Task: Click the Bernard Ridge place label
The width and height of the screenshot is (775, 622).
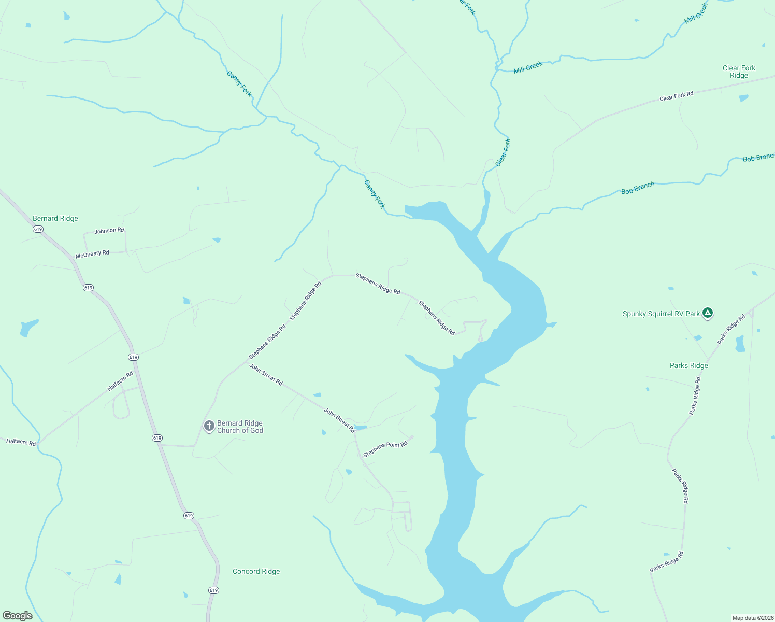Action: (55, 218)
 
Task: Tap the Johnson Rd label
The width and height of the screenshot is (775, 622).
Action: (109, 231)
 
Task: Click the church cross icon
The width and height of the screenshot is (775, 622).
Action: (209, 426)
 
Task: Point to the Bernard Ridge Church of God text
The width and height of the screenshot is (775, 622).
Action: (240, 427)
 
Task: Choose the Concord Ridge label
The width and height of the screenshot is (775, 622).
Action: (256, 571)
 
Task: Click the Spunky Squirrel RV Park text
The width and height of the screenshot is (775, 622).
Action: (661, 314)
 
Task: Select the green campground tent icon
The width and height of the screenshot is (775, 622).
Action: (708, 313)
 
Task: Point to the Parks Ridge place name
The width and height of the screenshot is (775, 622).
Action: (688, 365)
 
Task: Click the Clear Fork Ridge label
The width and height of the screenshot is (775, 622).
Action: (739, 72)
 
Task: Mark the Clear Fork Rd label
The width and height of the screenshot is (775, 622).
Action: (676, 96)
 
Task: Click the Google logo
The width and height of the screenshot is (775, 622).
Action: (18, 616)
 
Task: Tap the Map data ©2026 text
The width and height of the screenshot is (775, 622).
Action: (751, 618)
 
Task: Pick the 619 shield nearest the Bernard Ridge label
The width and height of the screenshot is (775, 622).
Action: (38, 229)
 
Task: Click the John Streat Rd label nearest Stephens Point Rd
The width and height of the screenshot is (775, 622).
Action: (339, 420)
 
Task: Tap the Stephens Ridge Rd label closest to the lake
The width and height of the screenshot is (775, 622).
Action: (437, 318)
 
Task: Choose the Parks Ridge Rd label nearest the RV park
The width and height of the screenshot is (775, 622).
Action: (731, 329)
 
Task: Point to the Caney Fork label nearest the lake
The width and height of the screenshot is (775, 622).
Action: (375, 194)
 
